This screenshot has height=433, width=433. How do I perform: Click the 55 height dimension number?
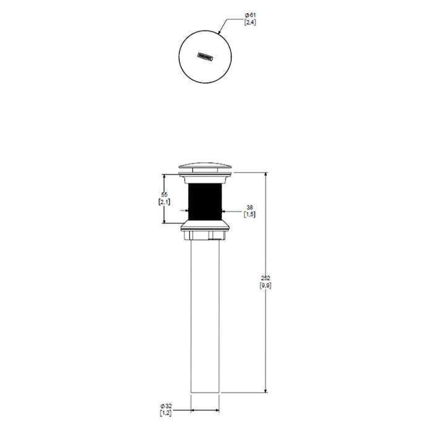point(163,195)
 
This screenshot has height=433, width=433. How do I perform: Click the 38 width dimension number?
point(250,207)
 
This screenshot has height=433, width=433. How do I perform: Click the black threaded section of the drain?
point(205,202)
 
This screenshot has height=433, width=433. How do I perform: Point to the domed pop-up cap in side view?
point(205,166)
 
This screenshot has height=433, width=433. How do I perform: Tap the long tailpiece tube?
point(205,315)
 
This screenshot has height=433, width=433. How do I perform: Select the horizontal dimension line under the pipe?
point(205,410)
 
